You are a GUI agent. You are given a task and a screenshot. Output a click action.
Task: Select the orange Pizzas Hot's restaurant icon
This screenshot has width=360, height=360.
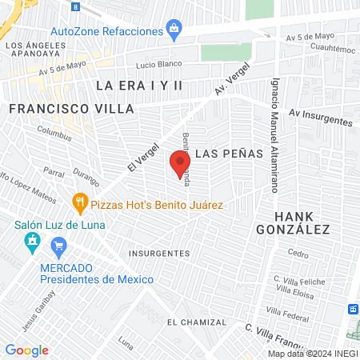click(79, 200)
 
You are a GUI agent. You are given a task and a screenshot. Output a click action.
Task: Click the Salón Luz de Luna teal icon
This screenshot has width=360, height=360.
click(32, 241)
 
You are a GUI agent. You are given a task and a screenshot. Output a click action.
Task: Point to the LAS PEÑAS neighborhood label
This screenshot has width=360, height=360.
click(227, 153)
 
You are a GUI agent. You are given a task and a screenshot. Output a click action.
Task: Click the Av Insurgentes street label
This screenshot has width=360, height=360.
click(321, 118)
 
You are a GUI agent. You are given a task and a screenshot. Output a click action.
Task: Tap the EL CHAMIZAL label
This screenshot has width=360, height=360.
click(192, 322)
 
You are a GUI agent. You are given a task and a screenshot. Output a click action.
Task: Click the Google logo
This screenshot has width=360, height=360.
click(26, 350)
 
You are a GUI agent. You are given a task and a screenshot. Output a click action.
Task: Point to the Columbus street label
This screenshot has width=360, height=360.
click(54, 135)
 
